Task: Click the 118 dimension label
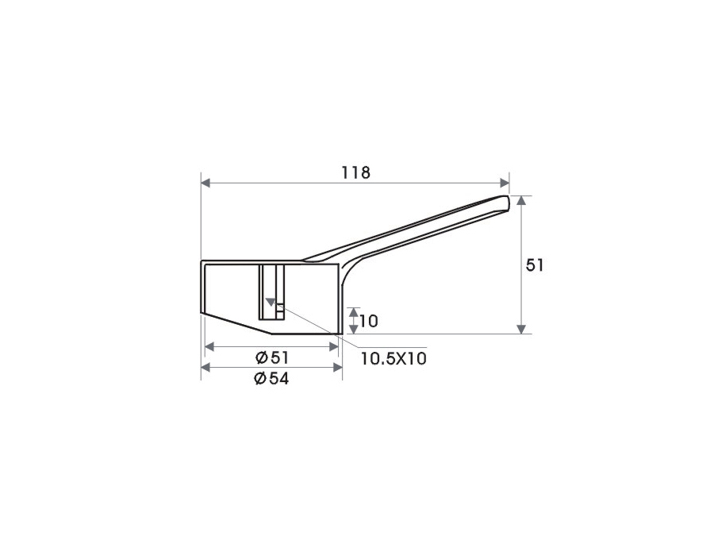pyautogui.click(x=356, y=172)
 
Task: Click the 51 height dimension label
pyautogui.click(x=535, y=265)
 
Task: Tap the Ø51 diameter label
pyautogui.click(x=272, y=357)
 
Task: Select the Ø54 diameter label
pyautogui.click(x=271, y=378)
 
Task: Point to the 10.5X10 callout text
pyautogui.click(x=393, y=358)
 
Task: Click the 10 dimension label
pyautogui.click(x=368, y=322)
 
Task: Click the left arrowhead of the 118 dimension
pyautogui.click(x=205, y=183)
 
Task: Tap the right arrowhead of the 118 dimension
pyautogui.click(x=505, y=183)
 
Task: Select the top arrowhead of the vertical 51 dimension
pyautogui.click(x=522, y=200)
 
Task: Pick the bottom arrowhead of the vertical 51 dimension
pyautogui.click(x=522, y=329)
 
